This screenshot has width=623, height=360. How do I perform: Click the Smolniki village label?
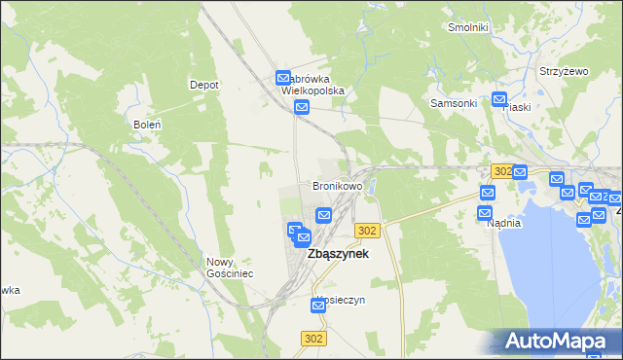click(x=467, y=27)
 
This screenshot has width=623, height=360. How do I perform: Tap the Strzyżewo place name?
click(x=566, y=72)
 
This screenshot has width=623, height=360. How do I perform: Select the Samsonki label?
click(x=454, y=103)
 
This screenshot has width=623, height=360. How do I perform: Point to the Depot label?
click(x=203, y=85)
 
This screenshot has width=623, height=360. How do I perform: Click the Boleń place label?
click(x=145, y=125)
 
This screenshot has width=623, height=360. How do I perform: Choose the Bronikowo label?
click(x=337, y=185)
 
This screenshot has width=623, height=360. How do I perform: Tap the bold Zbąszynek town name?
click(x=338, y=254)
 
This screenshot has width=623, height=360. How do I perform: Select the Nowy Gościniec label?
click(x=230, y=268)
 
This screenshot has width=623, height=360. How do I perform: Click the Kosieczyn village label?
click(x=340, y=300)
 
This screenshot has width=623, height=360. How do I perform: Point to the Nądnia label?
click(x=504, y=223)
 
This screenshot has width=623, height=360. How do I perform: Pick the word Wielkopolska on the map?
click(x=312, y=90)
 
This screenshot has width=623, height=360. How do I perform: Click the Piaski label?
click(x=516, y=107)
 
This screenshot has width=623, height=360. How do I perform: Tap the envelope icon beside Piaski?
click(x=499, y=98)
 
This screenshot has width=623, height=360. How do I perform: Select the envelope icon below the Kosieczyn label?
click(x=318, y=306)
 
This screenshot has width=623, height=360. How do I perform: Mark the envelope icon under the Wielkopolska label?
click(x=302, y=107)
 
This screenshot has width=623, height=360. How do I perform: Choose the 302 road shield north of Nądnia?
click(x=502, y=170)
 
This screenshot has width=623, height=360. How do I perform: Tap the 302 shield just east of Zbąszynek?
click(x=367, y=230)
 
